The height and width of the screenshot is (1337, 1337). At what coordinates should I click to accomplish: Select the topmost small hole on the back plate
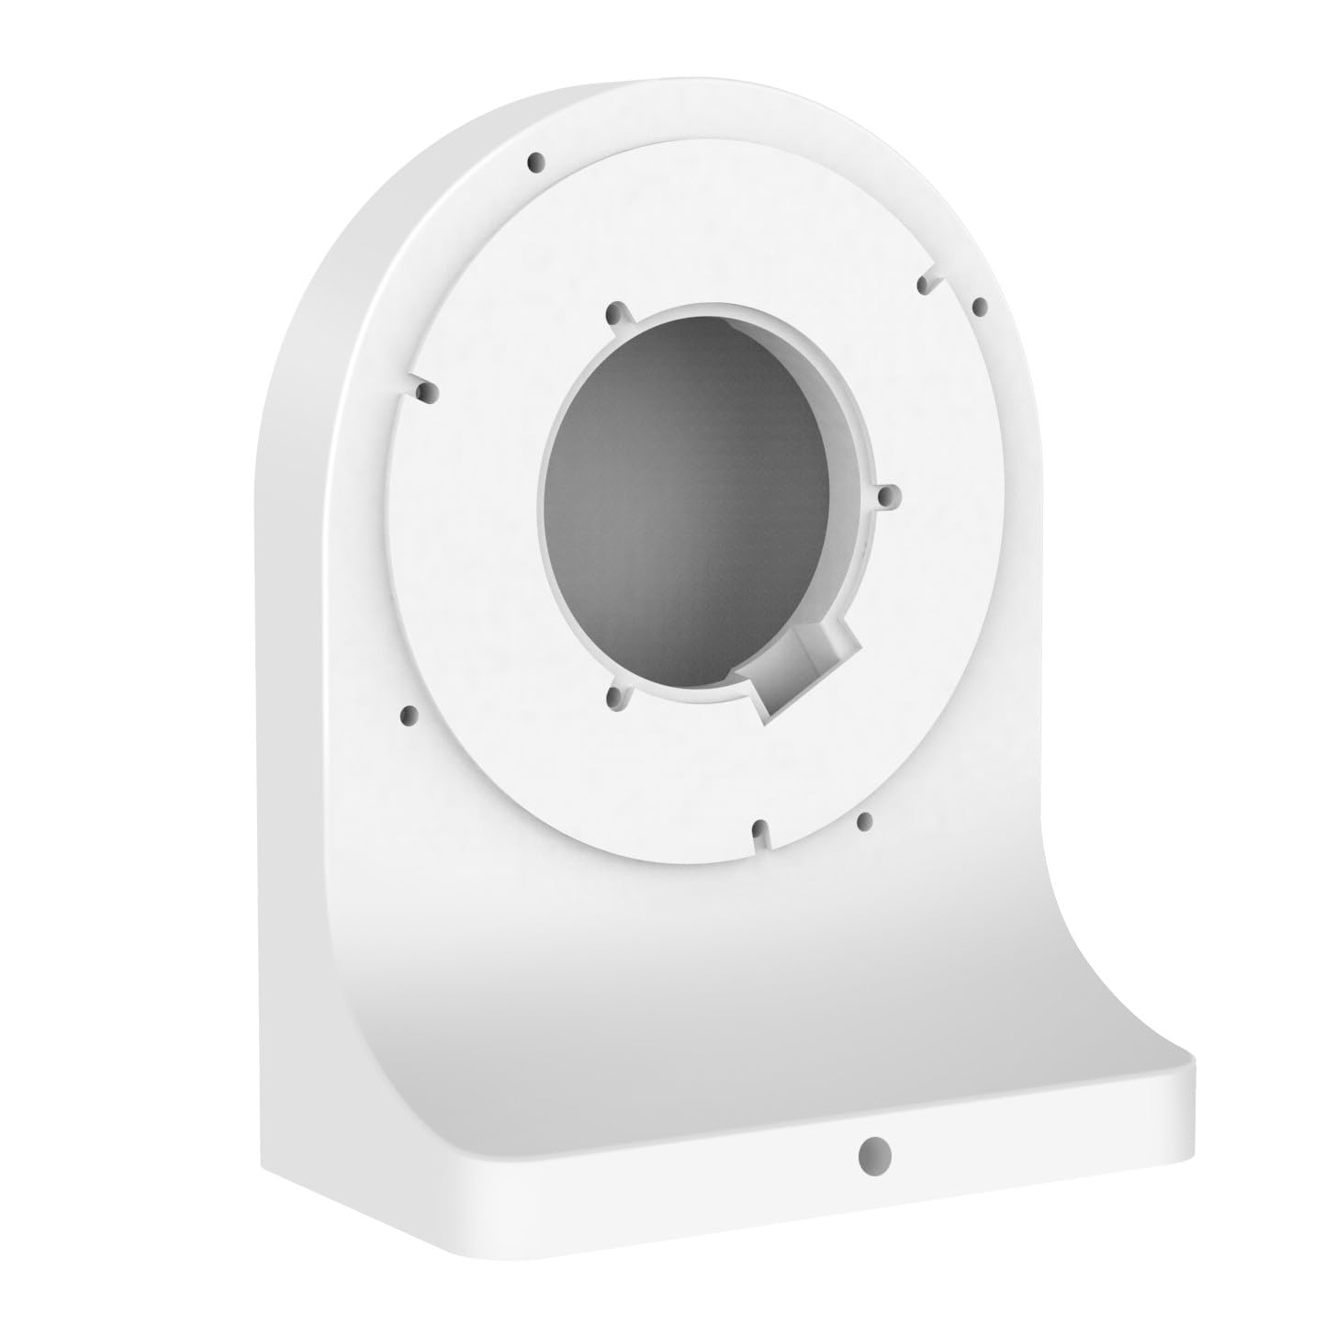click(534, 163)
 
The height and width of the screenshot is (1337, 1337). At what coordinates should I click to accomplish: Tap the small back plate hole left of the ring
click(410, 713)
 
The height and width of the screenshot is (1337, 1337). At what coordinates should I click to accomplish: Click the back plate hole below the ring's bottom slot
click(863, 819)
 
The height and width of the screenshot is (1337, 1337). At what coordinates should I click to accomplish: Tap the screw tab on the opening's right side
click(888, 497)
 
